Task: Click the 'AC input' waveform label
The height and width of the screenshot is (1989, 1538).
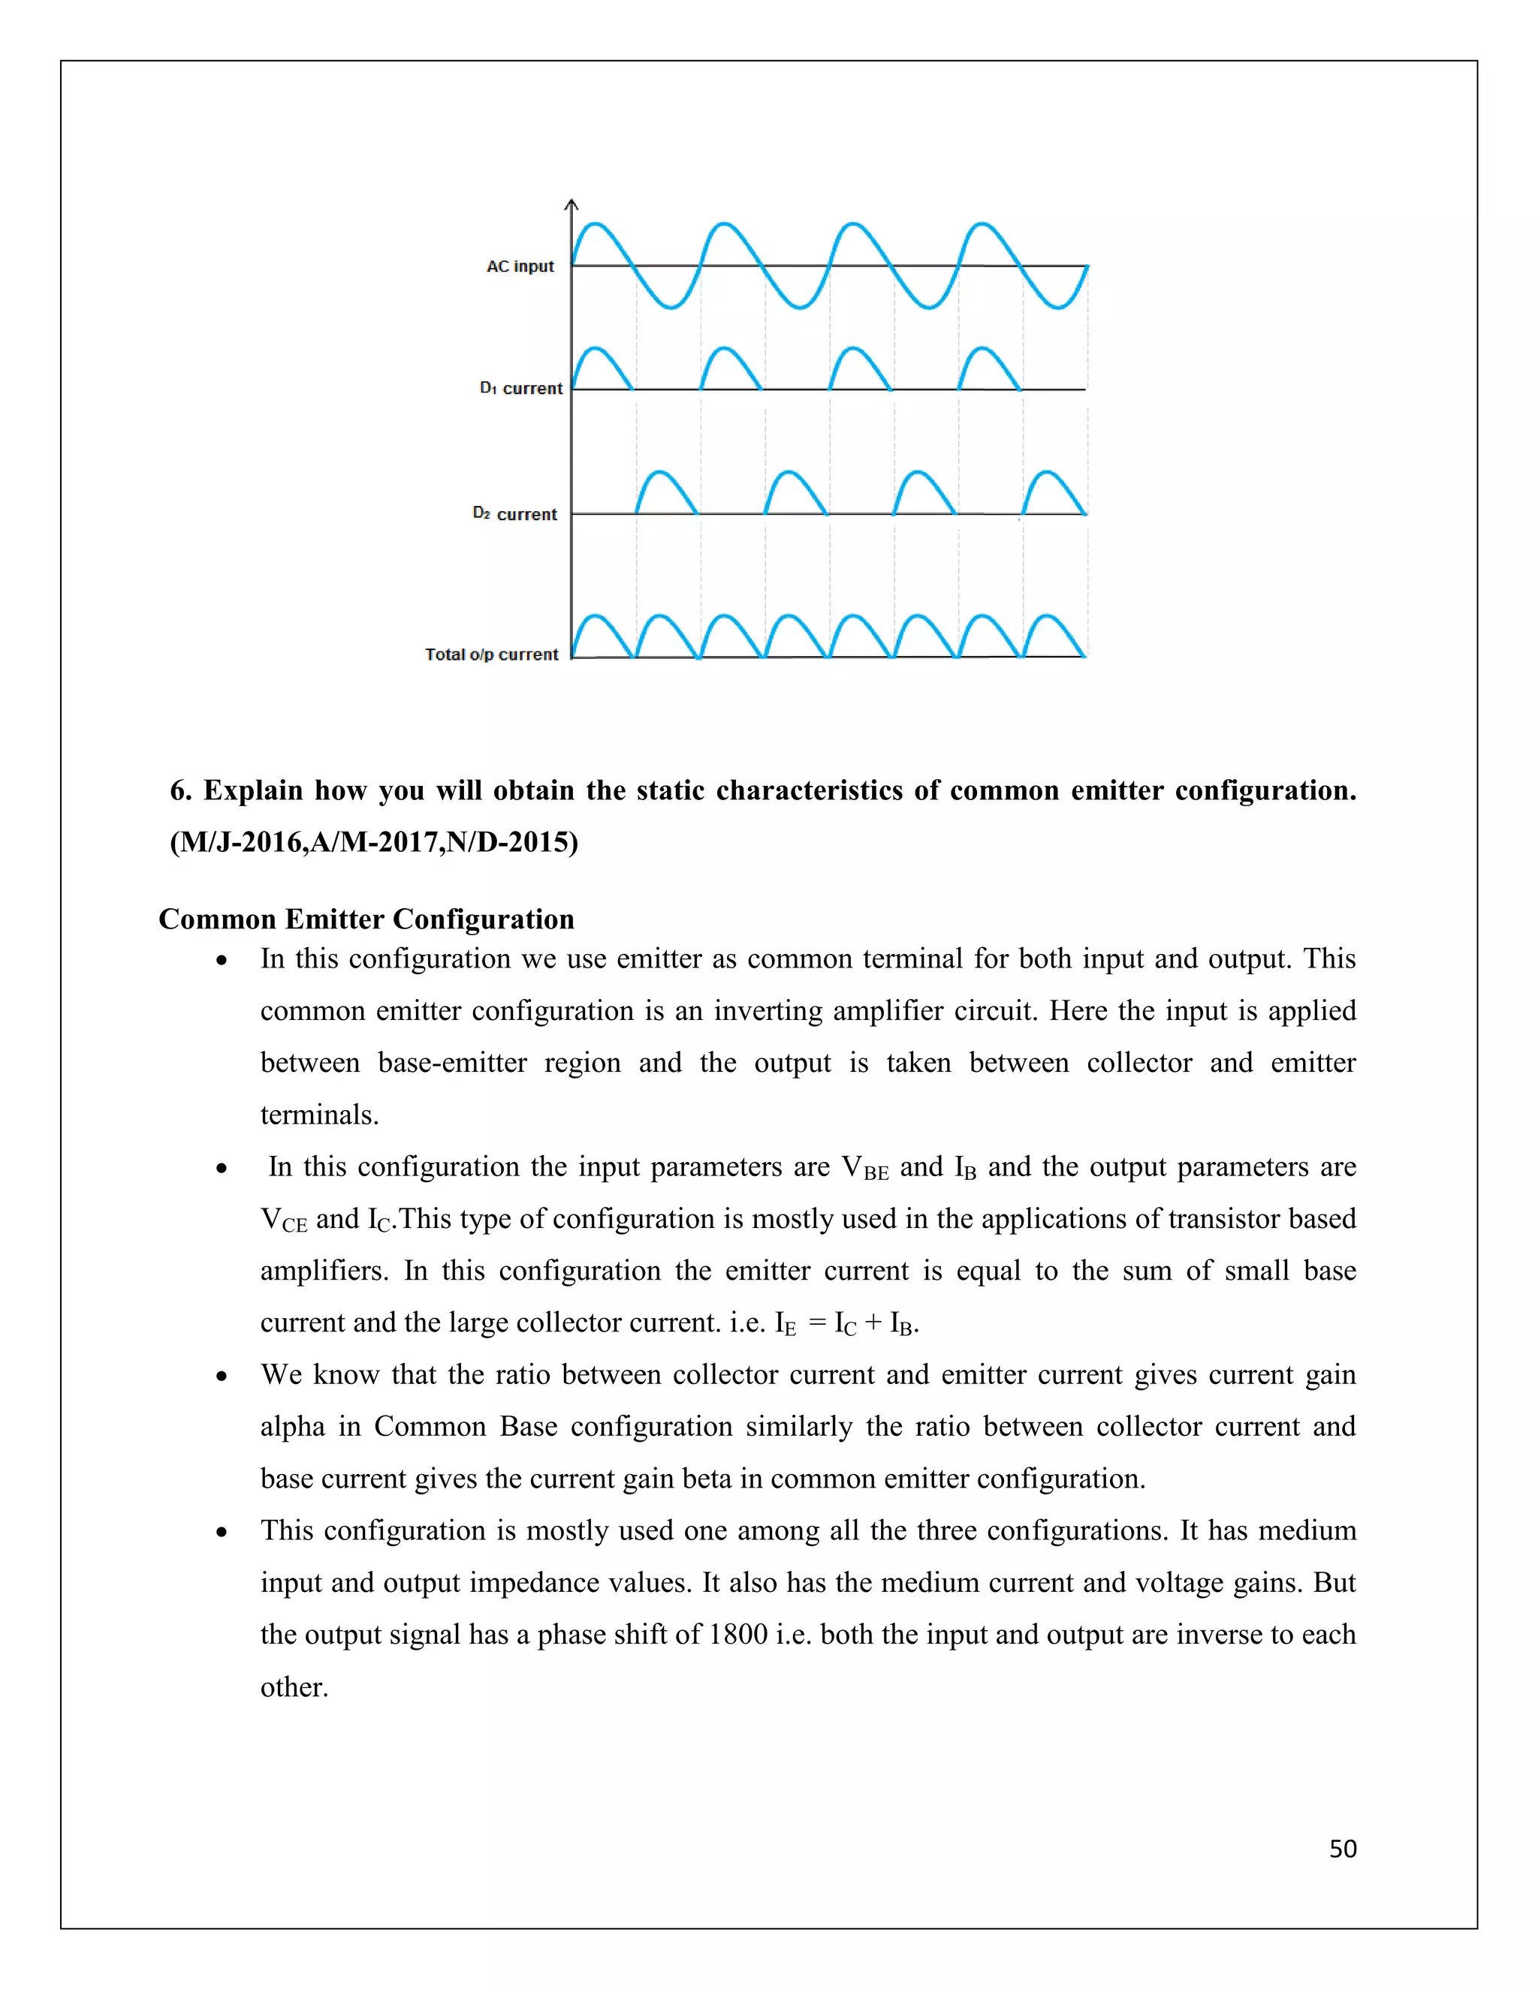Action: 520,266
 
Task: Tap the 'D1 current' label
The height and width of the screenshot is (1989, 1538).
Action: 521,388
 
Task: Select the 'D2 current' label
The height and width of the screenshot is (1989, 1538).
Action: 514,513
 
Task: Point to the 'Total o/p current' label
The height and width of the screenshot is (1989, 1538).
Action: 491,654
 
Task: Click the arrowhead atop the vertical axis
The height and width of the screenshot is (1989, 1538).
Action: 571,204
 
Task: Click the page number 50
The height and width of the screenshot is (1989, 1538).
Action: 1342,1849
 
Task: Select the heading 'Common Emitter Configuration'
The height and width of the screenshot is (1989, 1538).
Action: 366,919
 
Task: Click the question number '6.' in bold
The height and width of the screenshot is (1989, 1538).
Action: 180,790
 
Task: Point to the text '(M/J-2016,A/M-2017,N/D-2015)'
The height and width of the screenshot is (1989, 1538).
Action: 373,841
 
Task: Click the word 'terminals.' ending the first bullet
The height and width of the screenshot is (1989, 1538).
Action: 319,1115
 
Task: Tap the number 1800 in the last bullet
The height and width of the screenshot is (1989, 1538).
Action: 737,1635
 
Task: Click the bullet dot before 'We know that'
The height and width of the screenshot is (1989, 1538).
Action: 222,1376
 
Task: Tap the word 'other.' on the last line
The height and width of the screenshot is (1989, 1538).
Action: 294,1687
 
